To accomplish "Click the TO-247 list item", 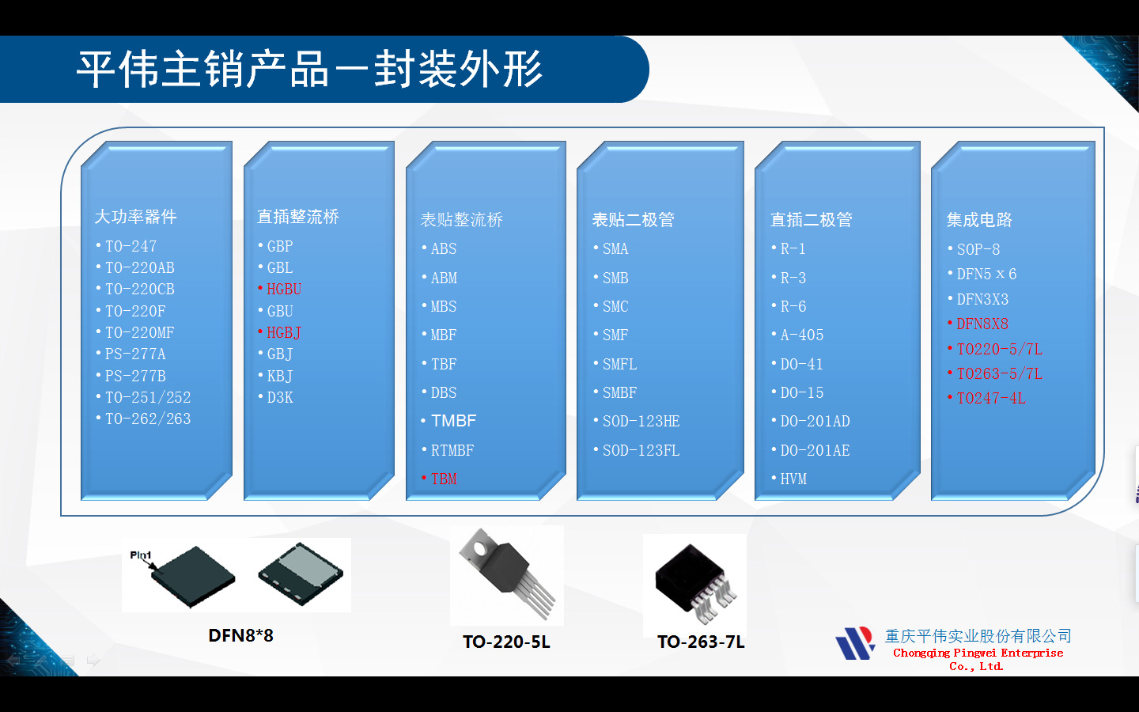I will click(131, 247).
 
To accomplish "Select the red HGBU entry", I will click(283, 290).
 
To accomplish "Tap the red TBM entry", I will click(443, 479).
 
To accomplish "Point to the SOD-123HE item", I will click(641, 422).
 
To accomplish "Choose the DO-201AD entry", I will click(815, 422).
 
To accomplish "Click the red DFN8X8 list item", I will click(982, 324).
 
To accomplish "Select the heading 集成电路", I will click(979, 220).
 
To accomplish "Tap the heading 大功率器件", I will click(135, 217).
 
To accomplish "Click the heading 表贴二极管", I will click(633, 220).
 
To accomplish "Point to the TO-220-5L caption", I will click(506, 642).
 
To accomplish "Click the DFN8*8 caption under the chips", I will click(240, 636).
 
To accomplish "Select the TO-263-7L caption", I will click(701, 642).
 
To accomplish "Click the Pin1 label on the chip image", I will click(141, 555).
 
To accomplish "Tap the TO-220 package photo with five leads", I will click(506, 574).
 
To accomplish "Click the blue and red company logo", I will click(854, 644).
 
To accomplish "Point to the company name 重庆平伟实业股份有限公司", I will click(978, 636).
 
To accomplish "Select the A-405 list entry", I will click(801, 335).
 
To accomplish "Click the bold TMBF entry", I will click(453, 421).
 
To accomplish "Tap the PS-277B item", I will click(135, 377).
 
